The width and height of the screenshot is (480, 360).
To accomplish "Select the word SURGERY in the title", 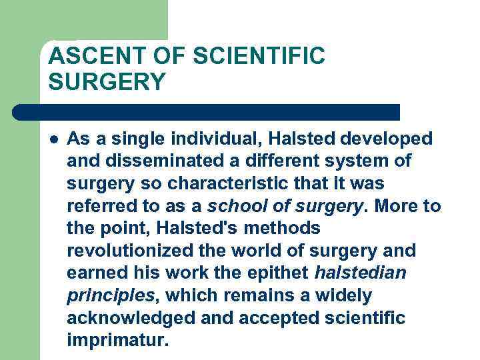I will (107, 82).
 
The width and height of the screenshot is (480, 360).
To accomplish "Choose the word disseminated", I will (162, 161).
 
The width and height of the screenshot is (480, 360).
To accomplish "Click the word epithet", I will (279, 273).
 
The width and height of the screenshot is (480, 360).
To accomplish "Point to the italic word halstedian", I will (360, 273).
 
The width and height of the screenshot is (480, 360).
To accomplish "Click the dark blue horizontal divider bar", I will (207, 111).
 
